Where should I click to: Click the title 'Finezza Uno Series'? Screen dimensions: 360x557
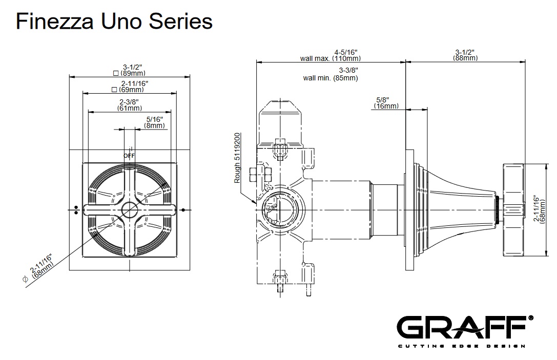point(114,22)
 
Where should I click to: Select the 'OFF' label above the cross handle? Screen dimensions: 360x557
point(129,155)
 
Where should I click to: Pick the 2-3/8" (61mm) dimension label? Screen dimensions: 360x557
point(130,105)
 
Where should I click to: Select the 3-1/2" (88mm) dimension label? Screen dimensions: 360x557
point(465,55)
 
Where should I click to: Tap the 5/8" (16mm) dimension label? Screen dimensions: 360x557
point(386,102)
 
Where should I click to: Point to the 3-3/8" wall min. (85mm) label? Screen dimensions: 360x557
point(331,74)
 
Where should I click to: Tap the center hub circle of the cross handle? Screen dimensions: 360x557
point(130,209)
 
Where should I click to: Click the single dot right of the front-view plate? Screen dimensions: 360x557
point(183,209)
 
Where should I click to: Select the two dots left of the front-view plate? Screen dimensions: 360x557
point(76,209)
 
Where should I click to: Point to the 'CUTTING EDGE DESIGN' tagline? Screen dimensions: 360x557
point(461,346)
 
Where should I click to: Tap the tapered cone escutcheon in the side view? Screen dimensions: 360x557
point(461,210)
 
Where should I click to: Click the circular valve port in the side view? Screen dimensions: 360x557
point(280,209)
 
